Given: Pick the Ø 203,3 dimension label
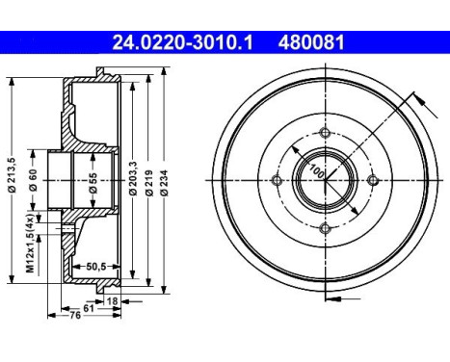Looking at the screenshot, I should (130, 179).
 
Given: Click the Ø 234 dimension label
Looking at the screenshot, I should (166, 179).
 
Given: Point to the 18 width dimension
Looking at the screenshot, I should (113, 300).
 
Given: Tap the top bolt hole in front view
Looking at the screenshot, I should (325, 133).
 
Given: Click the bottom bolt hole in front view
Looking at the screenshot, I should (325, 227).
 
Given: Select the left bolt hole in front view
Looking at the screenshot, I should (278, 180).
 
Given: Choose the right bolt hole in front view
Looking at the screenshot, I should (372, 180).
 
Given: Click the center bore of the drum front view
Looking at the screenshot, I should (325, 180).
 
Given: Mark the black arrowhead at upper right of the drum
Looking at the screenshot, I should (417, 97).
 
